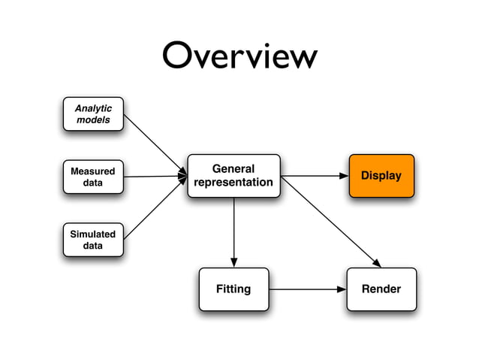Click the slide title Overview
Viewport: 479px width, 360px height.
click(239, 57)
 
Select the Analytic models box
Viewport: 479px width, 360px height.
click(93, 114)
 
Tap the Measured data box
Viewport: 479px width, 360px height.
click(93, 177)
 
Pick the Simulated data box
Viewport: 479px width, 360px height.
click(93, 240)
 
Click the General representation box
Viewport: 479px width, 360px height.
click(233, 176)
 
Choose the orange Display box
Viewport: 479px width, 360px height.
click(381, 176)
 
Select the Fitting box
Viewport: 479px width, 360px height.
click(233, 289)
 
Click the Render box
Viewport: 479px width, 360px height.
click(381, 289)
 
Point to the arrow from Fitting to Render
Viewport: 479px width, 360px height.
click(308, 289)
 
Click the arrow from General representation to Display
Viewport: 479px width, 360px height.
click(314, 176)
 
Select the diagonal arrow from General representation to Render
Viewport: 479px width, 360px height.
click(330, 221)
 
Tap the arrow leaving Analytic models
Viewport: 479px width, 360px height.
click(154, 144)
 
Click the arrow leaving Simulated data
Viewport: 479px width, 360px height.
click(154, 208)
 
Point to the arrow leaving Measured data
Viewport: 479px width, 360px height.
click(154, 177)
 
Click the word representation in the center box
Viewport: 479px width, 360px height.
click(233, 183)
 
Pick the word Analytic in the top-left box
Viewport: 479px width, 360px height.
click(93, 108)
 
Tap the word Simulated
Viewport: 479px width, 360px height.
click(93, 234)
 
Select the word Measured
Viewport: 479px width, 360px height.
click(93, 171)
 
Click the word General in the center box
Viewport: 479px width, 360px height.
click(233, 169)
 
